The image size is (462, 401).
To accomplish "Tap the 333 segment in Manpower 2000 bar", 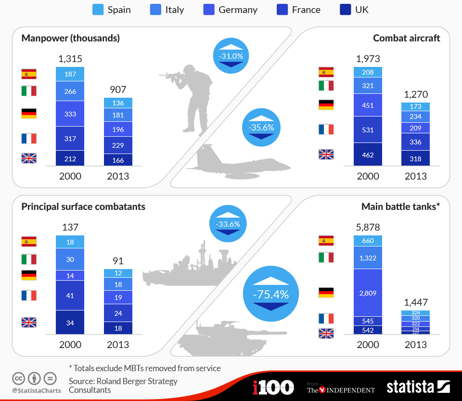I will point(70,114).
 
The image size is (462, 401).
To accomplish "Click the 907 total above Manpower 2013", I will point(118,90).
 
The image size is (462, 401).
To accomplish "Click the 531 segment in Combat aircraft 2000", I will point(368,129).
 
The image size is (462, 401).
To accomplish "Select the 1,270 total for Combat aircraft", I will point(416,94).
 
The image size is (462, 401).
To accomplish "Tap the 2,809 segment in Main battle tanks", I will point(368,292).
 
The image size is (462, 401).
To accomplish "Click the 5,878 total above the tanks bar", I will point(368,226).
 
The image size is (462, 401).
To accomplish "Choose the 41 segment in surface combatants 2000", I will point(70,295).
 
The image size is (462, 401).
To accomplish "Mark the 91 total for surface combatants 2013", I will point(118,261).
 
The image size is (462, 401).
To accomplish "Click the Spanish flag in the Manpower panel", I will point(29,74).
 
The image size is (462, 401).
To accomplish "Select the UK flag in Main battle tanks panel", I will point(326,333).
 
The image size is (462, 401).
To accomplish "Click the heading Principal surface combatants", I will point(83,207).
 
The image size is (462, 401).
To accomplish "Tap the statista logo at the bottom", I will point(418,387).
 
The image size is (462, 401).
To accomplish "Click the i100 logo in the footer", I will point(273,387).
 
